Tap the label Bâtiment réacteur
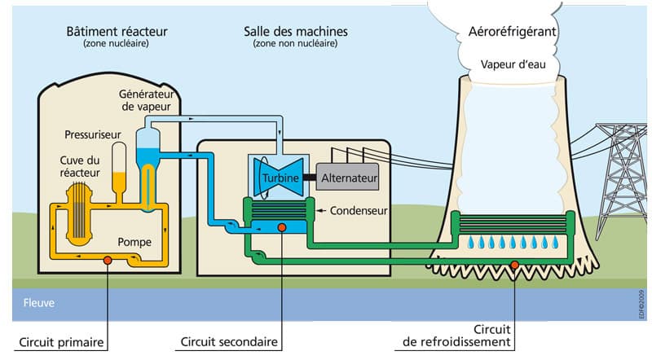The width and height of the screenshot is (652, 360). [x=116, y=31]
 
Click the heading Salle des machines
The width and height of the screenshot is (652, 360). [x=295, y=31]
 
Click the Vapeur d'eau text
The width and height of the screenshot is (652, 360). [x=513, y=63]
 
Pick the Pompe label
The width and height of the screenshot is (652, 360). [x=134, y=242]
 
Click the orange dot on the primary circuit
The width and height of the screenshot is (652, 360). [x=106, y=261]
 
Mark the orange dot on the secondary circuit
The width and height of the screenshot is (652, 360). [x=280, y=227]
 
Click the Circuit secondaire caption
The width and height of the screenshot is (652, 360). [x=228, y=341]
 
